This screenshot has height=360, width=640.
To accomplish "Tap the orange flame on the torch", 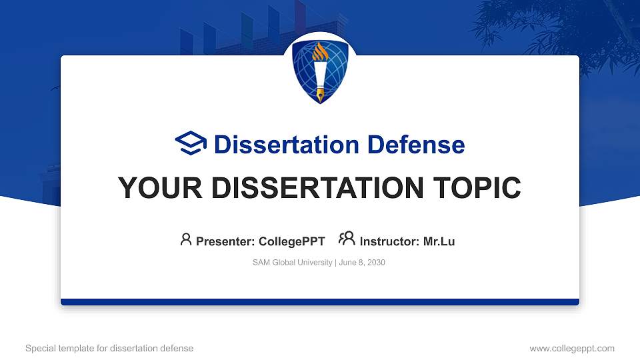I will click(320, 51).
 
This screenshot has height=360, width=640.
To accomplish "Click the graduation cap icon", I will click(191, 143).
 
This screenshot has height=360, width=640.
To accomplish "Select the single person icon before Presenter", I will click(186, 239).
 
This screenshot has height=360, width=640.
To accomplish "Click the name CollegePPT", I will click(291, 241).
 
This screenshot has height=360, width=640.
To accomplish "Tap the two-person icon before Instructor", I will click(347, 239).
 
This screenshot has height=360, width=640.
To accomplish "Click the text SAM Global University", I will click(292, 263).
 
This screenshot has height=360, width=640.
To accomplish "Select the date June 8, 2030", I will click(362, 263).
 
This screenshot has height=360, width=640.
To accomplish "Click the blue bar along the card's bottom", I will click(320, 302).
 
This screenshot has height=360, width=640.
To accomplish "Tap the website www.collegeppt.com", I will click(572, 348).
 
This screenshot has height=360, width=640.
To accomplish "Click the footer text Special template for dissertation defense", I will click(109, 348).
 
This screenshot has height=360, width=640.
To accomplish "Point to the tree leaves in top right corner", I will click(560, 27).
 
